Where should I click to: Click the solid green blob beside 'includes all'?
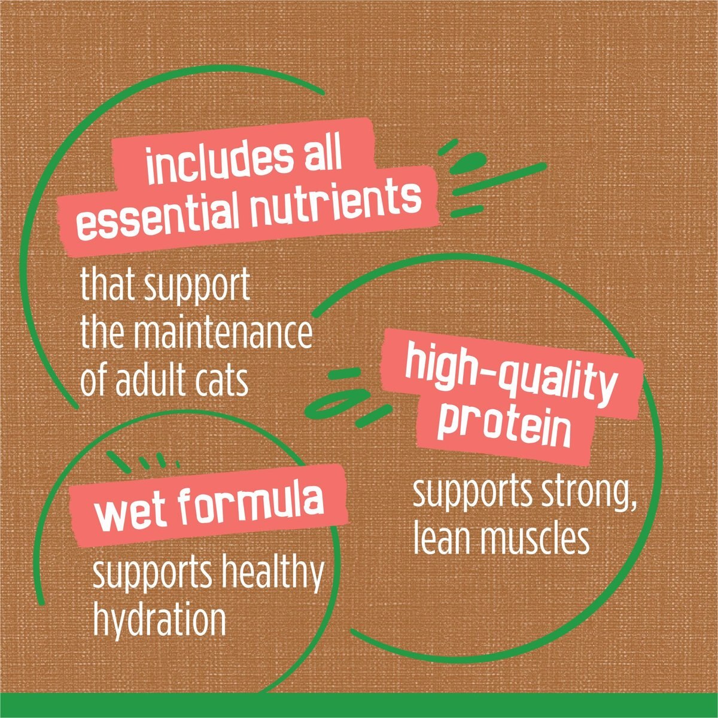(468, 163)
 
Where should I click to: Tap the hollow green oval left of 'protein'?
(337, 403)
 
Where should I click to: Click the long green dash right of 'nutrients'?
(500, 179)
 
